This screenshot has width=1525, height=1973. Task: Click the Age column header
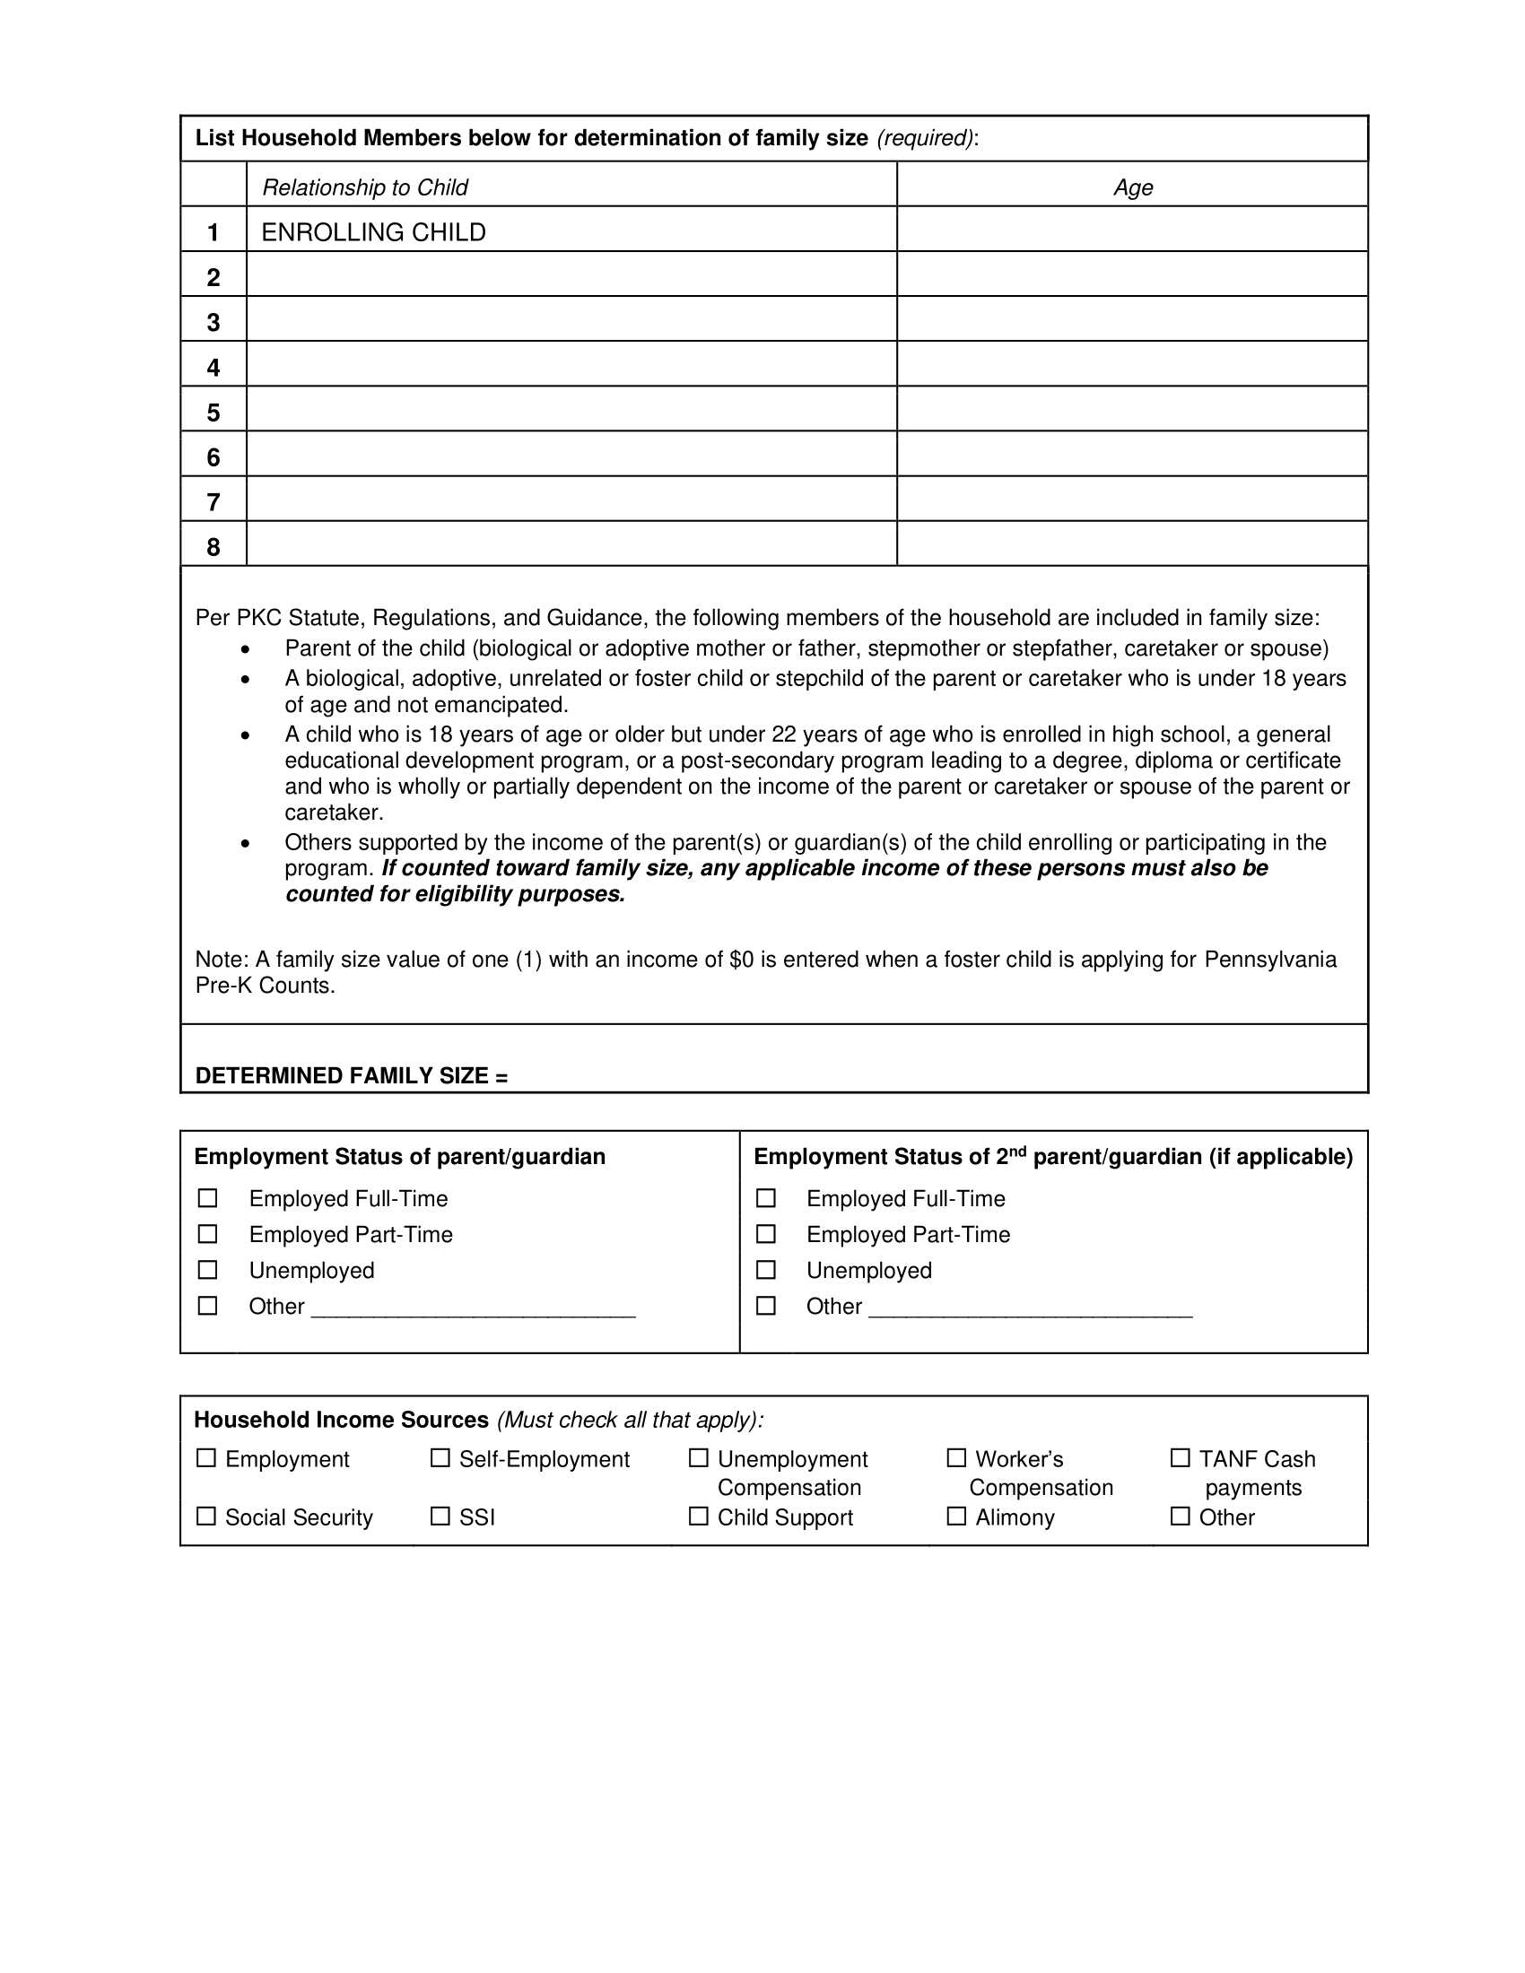pyautogui.click(x=1132, y=187)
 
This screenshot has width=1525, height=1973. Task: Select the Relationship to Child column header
pyautogui.click(x=364, y=187)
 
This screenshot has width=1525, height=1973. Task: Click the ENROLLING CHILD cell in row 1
pyautogui.click(x=373, y=232)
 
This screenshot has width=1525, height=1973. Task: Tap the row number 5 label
pyautogui.click(x=213, y=412)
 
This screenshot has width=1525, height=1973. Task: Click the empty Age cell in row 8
pyautogui.click(x=1132, y=543)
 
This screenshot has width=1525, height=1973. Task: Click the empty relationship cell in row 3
pyautogui.click(x=571, y=319)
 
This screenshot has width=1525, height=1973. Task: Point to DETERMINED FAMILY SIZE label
pyautogui.click(x=352, y=1075)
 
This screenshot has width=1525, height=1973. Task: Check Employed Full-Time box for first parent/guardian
pyautogui.click(x=208, y=1198)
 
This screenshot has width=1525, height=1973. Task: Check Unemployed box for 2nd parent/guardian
pyautogui.click(x=766, y=1270)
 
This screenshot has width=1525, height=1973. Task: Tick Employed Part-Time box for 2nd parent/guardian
pyautogui.click(x=766, y=1234)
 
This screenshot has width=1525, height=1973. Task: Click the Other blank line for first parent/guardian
pyautogui.click(x=473, y=1308)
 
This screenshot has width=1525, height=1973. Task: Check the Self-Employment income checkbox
pyautogui.click(x=440, y=1458)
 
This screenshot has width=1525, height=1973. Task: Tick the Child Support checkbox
pyautogui.click(x=698, y=1517)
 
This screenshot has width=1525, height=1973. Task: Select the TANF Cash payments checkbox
pyautogui.click(x=1180, y=1458)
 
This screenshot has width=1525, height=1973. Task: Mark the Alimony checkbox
pyautogui.click(x=957, y=1517)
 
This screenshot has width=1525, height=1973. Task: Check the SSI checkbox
pyautogui.click(x=440, y=1517)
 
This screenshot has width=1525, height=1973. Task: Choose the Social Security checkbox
pyautogui.click(x=207, y=1517)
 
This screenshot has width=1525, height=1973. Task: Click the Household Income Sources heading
pyautogui.click(x=342, y=1421)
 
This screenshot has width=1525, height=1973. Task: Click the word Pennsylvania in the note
pyautogui.click(x=1270, y=959)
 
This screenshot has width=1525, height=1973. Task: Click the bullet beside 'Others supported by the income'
pyautogui.click(x=245, y=843)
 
